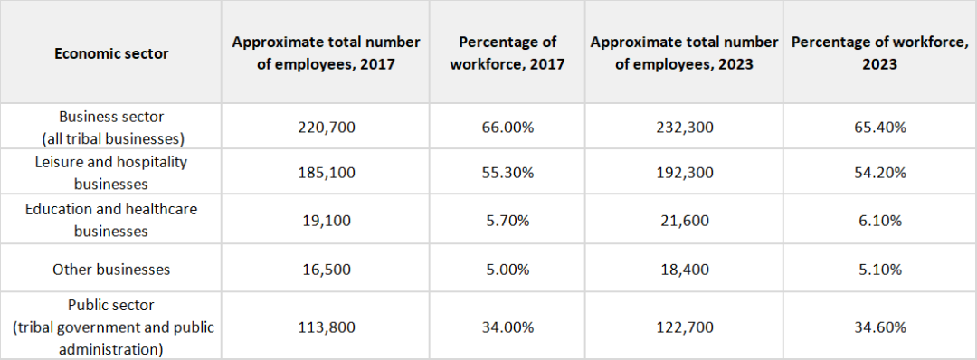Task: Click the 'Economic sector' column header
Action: [111, 53]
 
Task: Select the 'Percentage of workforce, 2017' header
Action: [507, 53]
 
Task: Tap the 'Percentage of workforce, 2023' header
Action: [880, 53]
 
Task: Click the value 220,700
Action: [326, 128]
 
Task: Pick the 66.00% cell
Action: [507, 128]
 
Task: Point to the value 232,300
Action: [684, 128]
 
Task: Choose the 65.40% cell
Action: [880, 128]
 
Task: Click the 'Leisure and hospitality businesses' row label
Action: [111, 173]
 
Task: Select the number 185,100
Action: [326, 173]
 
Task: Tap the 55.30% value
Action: [507, 173]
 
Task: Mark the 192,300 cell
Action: [684, 173]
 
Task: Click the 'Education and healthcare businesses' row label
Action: [111, 220]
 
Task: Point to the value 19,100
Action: [326, 220]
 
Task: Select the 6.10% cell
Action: [880, 220]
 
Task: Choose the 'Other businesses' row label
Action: [111, 270]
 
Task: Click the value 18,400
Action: [684, 270]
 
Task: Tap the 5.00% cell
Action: [507, 270]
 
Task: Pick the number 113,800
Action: [326, 327]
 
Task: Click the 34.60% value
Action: [880, 327]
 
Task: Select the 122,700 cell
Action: [684, 327]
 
